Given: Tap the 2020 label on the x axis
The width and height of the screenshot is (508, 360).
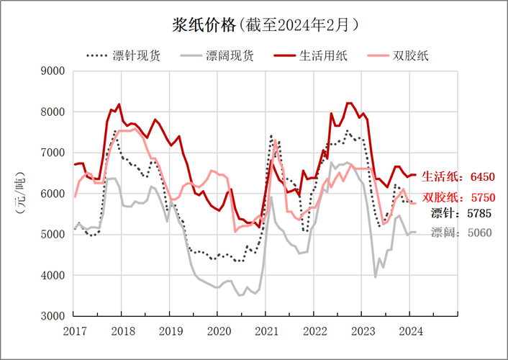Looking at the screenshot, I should [218, 332].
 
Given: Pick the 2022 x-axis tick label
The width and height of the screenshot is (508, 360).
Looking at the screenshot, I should [314, 332].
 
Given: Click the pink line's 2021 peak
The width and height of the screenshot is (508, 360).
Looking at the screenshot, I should [276, 140].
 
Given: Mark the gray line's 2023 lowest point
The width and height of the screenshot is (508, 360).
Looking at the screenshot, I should [376, 276].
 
